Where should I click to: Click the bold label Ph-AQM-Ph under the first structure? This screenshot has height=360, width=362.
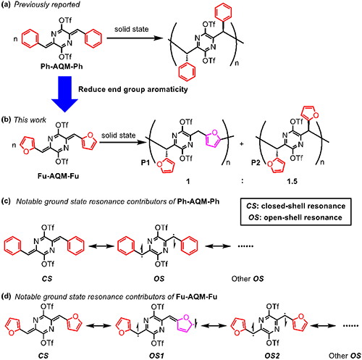62,67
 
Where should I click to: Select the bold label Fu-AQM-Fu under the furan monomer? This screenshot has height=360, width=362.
59,176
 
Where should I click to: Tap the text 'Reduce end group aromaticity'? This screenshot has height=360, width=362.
133,89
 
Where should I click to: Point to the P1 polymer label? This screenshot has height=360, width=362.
146,163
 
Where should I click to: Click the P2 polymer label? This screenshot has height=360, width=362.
256,163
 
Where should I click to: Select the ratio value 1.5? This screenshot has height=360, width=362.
292,181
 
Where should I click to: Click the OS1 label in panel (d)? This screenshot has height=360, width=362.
156,356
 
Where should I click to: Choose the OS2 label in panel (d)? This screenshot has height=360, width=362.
272,356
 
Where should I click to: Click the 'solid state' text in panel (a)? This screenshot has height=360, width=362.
132,29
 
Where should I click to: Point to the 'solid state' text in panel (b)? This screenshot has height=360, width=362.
119,135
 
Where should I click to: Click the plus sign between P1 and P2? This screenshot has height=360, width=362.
242,144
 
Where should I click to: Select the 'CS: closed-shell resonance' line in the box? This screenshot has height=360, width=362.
295,206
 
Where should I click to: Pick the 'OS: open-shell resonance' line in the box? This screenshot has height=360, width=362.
295,217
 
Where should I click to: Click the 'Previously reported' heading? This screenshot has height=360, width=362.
47,4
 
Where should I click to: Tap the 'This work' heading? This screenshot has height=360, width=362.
30,120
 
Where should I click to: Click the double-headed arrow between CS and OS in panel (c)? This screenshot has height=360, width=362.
101,246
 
